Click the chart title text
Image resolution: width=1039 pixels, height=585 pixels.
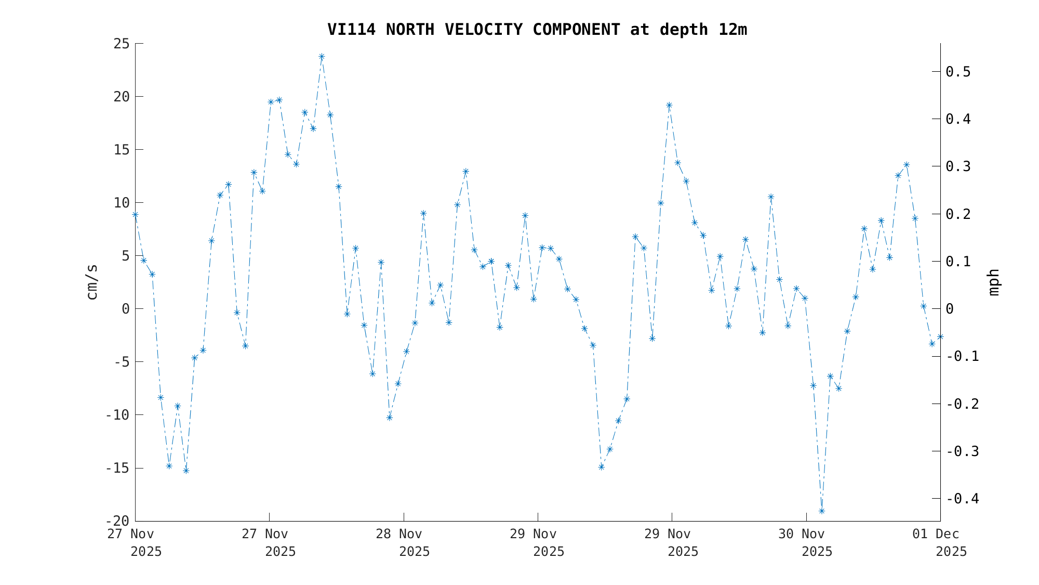537,30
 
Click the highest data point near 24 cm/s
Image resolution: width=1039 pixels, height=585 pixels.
322,57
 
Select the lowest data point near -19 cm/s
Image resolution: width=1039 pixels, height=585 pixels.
821,511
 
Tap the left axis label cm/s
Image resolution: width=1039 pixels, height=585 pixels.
92,282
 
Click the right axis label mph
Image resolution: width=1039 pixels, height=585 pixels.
993,282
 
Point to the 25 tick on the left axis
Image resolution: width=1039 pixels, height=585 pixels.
121,44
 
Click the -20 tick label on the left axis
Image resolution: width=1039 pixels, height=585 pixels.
117,521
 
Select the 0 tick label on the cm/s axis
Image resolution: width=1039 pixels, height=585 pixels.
125,309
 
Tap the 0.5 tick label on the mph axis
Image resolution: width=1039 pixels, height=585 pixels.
958,72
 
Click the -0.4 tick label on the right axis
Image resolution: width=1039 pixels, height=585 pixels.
962,499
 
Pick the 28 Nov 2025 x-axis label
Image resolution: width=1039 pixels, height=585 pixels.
404,542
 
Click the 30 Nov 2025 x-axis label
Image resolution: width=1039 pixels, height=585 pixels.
806,542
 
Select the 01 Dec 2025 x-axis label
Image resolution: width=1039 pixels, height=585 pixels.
940,542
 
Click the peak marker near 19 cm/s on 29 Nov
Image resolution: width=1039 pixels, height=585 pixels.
669,105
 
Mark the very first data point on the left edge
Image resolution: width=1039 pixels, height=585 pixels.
135,214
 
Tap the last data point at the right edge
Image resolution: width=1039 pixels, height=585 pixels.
940,337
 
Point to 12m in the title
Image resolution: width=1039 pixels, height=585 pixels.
732,30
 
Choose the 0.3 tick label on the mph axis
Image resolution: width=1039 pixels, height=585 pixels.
958,166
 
